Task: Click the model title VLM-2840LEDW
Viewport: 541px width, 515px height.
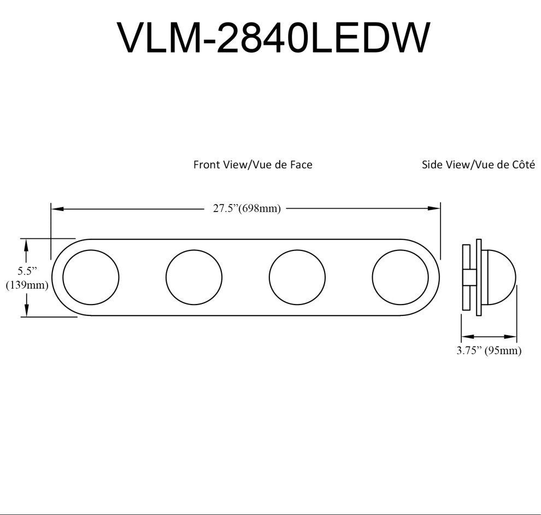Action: point(274,38)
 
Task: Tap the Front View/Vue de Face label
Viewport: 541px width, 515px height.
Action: point(253,165)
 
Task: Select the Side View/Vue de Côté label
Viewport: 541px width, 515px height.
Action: point(478,165)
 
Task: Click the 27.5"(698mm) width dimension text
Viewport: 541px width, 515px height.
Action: point(246,208)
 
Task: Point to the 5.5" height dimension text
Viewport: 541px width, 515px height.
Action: point(27,271)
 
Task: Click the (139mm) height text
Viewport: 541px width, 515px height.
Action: point(27,285)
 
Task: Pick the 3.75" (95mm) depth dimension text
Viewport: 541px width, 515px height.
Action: point(489,350)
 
